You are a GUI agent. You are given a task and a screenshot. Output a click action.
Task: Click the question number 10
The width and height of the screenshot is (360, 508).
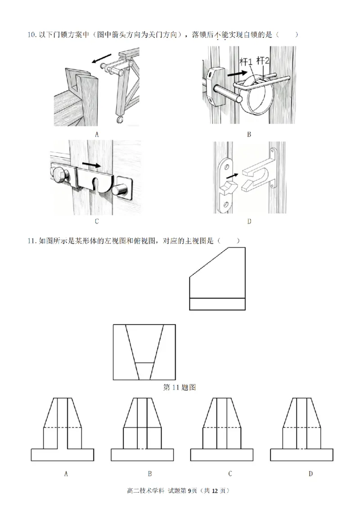coord(31,35)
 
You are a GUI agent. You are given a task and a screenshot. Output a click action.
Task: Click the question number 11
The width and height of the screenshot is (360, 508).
coord(31,241)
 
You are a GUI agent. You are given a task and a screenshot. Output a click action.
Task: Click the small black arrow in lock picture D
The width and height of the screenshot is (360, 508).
coord(234,176)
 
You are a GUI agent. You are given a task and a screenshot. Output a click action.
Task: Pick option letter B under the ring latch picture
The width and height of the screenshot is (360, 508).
coord(249,134)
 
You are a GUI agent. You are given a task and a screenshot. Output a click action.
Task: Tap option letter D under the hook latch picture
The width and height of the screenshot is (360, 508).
coord(249,221)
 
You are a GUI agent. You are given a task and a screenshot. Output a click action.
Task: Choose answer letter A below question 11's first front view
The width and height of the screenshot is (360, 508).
coord(66,473)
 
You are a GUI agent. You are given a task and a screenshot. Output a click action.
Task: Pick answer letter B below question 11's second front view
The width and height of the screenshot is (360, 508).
coord(149,473)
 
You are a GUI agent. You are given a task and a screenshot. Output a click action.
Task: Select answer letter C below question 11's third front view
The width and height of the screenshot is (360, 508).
coord(229,473)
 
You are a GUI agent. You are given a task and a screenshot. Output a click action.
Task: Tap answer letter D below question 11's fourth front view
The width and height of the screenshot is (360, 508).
coord(310,473)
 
